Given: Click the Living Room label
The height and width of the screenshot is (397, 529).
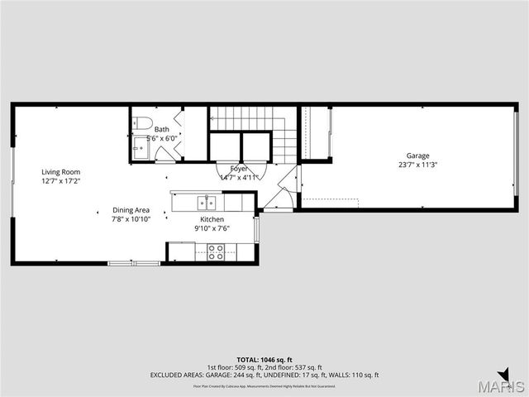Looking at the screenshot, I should pyautogui.click(x=60, y=172).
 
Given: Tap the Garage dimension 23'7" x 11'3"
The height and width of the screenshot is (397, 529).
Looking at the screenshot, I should pyautogui.click(x=417, y=165).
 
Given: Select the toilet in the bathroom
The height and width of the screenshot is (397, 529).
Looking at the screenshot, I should pyautogui.click(x=144, y=125).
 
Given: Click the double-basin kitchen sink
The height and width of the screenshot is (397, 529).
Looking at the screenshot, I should pyautogui.click(x=205, y=202).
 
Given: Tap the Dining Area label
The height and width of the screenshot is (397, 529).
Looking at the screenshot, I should pyautogui.click(x=131, y=210).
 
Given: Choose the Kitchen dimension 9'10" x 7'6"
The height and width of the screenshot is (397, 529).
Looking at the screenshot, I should pyautogui.click(x=212, y=228).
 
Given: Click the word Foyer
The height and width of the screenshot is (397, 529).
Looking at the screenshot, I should pyautogui.click(x=240, y=169).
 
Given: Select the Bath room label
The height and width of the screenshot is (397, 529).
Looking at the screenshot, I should pyautogui.click(x=161, y=130).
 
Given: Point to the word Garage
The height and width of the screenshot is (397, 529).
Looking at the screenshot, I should pyautogui.click(x=417, y=155).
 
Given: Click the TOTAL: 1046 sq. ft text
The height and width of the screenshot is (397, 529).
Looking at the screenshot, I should pyautogui.click(x=264, y=360).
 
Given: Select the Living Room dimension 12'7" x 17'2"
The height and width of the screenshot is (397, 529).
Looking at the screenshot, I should pyautogui.click(x=60, y=181).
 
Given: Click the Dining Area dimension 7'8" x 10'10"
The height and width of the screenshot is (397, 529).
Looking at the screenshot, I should pyautogui.click(x=131, y=219).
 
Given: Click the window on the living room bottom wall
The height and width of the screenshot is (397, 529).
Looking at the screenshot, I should pyautogui.click(x=134, y=263).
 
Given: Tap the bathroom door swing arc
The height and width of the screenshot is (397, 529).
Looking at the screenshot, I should pyautogui.click(x=165, y=155).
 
